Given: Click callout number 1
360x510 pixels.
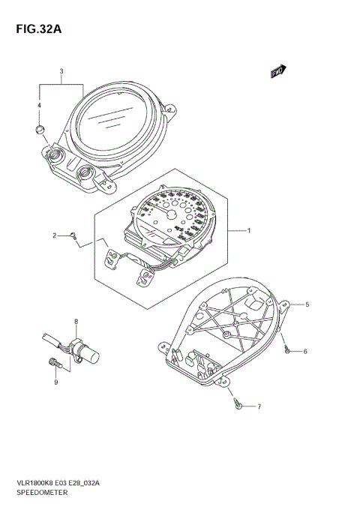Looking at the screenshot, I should tap(249, 232).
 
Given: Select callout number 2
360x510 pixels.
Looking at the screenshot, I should tap(54, 235).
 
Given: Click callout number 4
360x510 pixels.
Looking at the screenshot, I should tap(40, 106).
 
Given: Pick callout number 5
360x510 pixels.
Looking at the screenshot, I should tap(306, 305).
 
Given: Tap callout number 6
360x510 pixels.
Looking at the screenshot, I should tap(306, 351).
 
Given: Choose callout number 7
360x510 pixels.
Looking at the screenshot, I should tap(259, 407).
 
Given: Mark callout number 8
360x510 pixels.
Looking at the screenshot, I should tap(75, 322).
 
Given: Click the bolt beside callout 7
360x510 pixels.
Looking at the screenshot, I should tap(238, 405).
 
